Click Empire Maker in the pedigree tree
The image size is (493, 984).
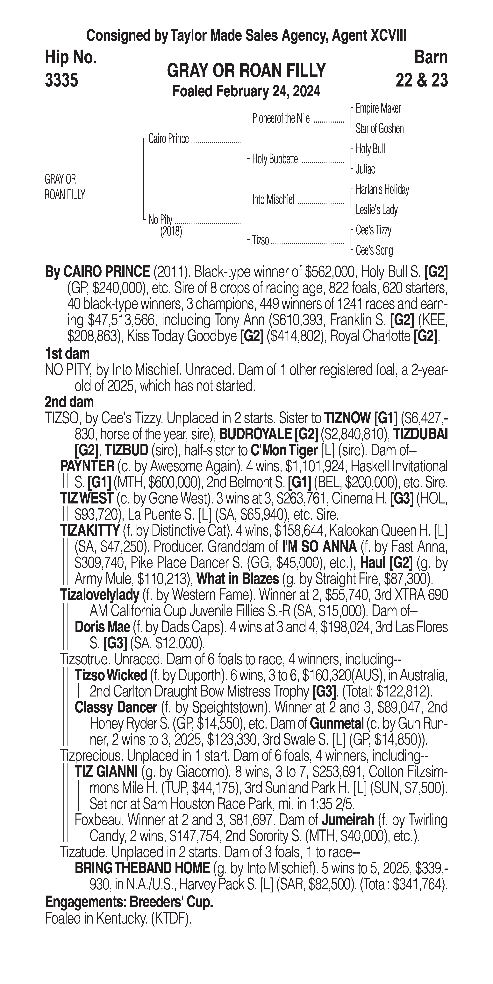click(x=378, y=108)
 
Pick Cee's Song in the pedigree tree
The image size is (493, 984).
click(x=374, y=251)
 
